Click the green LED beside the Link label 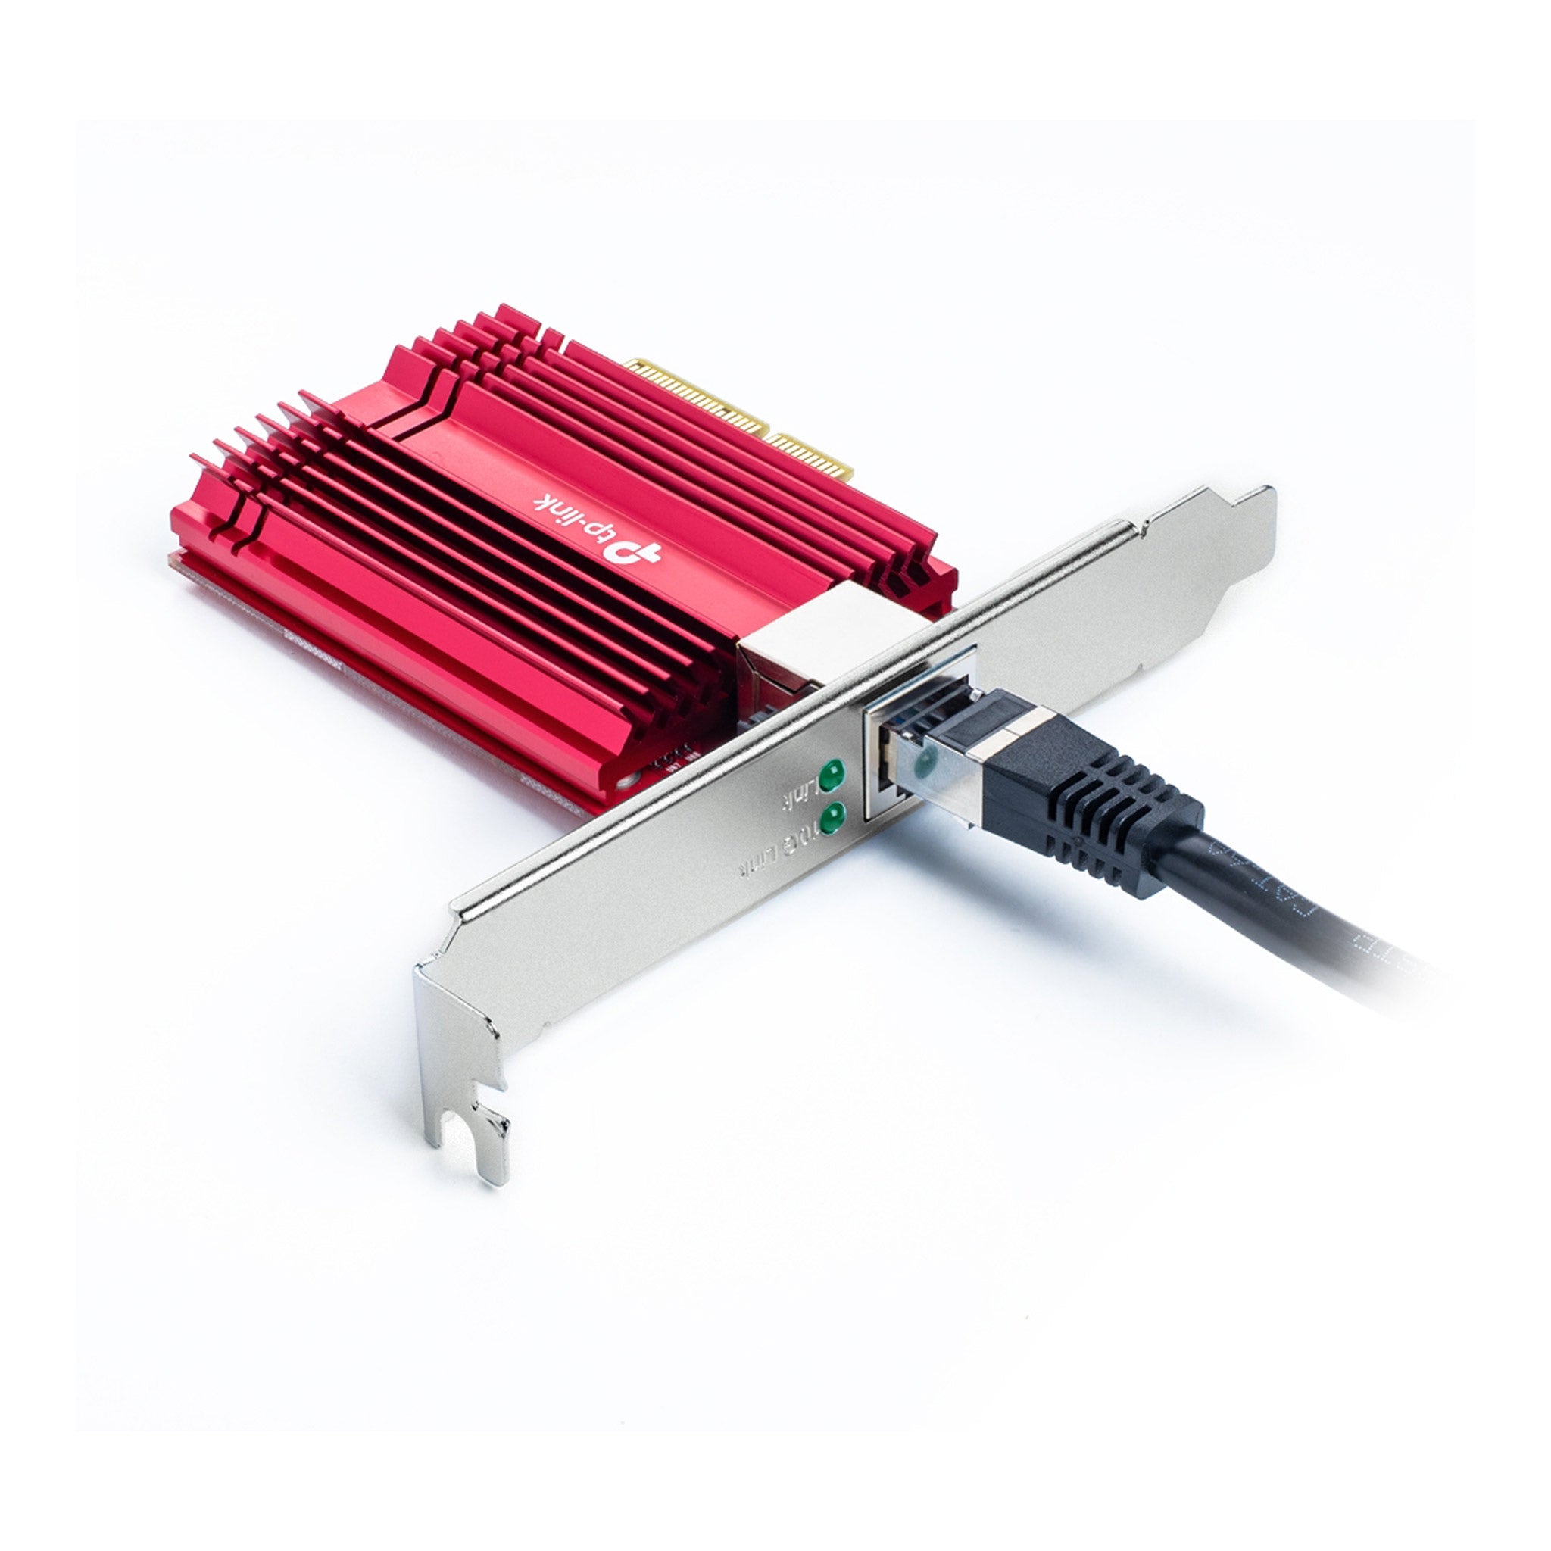pos(832,775)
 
